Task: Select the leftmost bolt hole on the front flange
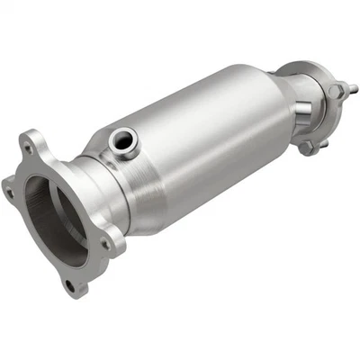coord(8,190)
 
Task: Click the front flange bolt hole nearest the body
coord(105,241)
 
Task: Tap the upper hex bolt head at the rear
coord(334,90)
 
